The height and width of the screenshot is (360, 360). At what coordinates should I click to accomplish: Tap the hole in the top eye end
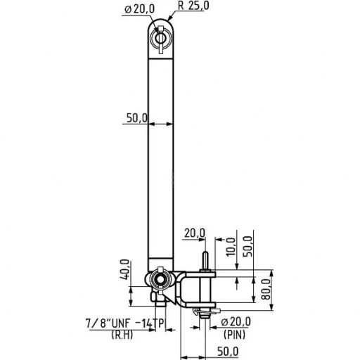[x=161, y=36]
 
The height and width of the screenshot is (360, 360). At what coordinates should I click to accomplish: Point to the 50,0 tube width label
[x=136, y=118]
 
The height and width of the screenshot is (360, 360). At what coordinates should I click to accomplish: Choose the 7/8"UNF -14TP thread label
[x=124, y=323]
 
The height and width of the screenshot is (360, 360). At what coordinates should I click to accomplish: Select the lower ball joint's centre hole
[x=161, y=281]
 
